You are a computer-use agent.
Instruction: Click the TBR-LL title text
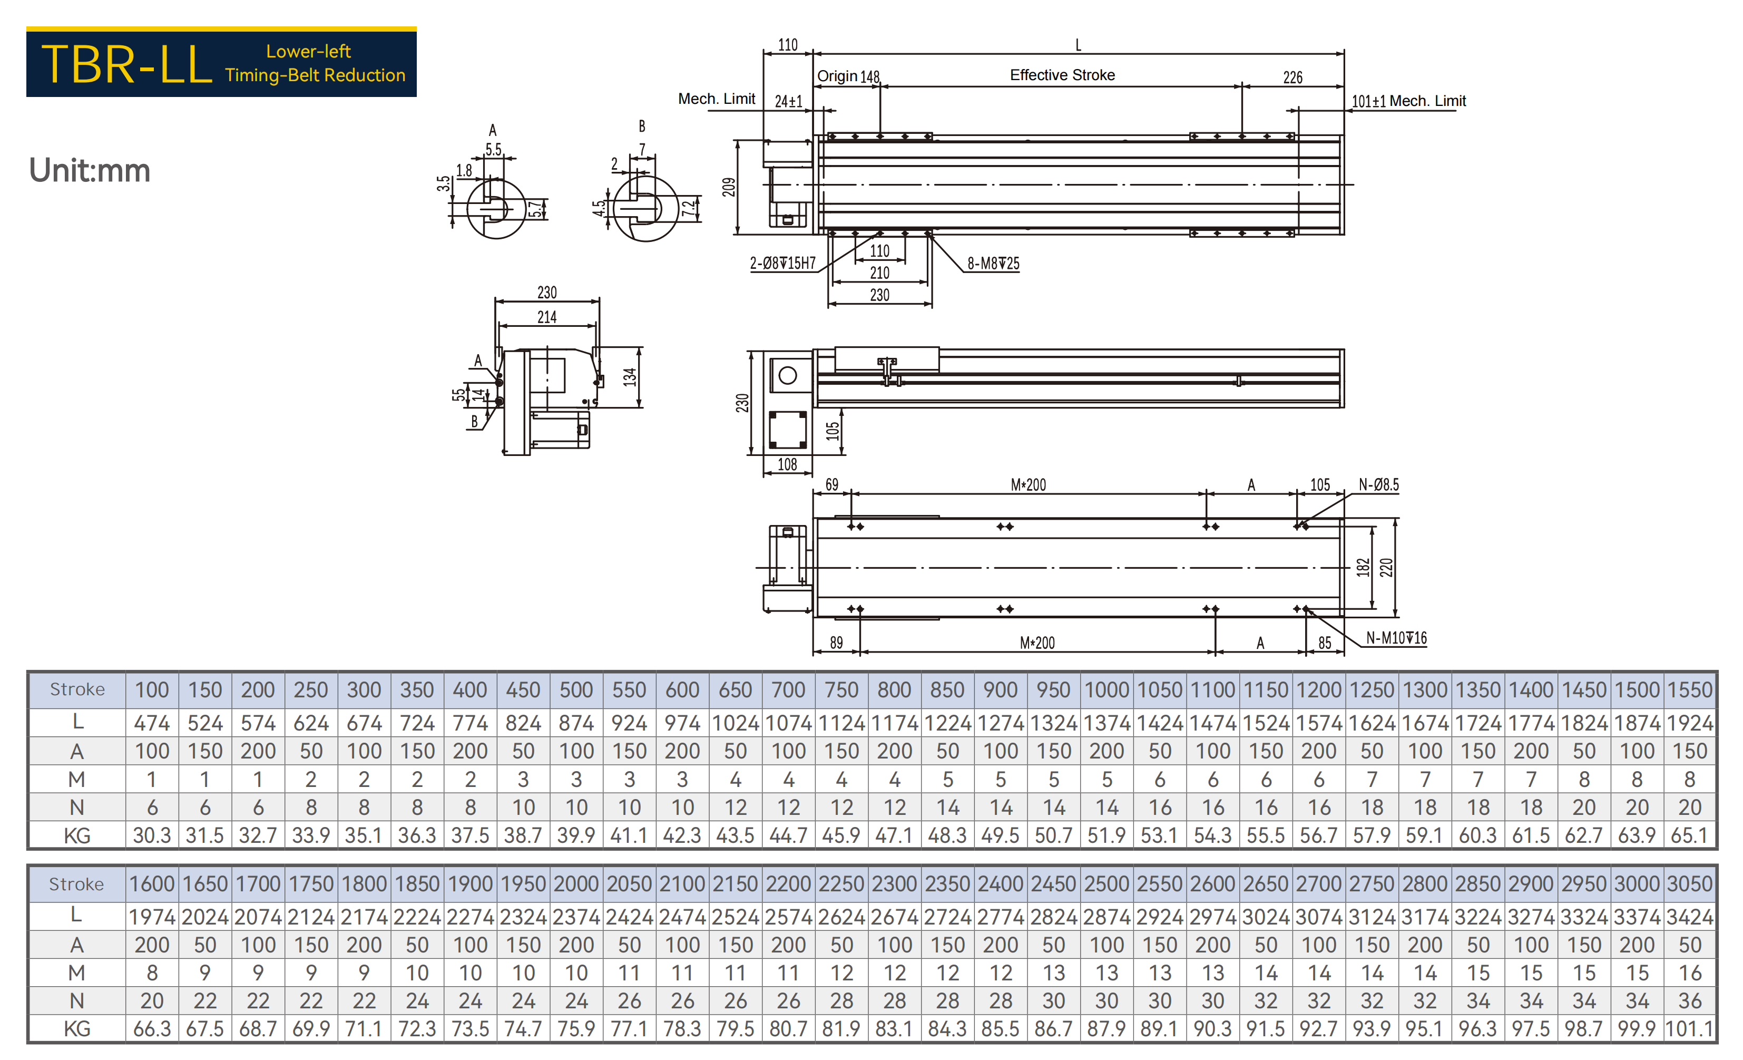(x=126, y=64)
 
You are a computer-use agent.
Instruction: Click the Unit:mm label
(x=90, y=171)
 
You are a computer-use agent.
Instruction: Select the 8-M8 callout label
(x=993, y=264)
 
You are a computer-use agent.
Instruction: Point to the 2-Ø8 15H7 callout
(x=782, y=264)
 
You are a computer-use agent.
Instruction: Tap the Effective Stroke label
(x=1062, y=75)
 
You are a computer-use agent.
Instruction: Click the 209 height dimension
(x=729, y=187)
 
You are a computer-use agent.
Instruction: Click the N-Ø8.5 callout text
(x=1378, y=485)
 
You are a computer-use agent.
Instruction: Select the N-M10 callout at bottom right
(x=1396, y=638)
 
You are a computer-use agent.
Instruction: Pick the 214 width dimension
(x=547, y=317)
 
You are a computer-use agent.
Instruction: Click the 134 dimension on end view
(x=630, y=377)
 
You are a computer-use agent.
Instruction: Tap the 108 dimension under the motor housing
(x=787, y=464)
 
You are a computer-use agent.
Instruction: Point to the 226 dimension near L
(x=1292, y=77)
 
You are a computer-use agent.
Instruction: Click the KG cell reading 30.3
(x=152, y=835)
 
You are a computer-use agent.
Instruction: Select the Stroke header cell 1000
(x=1106, y=690)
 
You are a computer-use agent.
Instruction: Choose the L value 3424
(x=1690, y=917)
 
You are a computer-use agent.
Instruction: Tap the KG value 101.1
(x=1690, y=1029)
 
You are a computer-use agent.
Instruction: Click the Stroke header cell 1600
(x=152, y=884)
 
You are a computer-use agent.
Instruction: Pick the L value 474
(x=152, y=723)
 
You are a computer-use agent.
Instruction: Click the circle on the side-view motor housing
(x=787, y=376)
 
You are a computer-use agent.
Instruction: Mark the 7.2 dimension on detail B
(x=688, y=209)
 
